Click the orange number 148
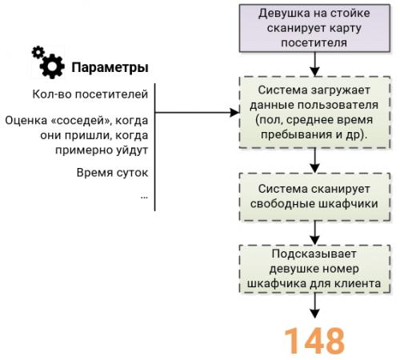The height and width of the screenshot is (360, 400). click(x=314, y=340)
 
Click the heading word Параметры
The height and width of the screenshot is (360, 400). click(x=110, y=66)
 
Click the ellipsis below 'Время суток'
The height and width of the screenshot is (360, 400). click(x=143, y=194)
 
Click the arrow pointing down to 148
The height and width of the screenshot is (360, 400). click(x=314, y=308)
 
